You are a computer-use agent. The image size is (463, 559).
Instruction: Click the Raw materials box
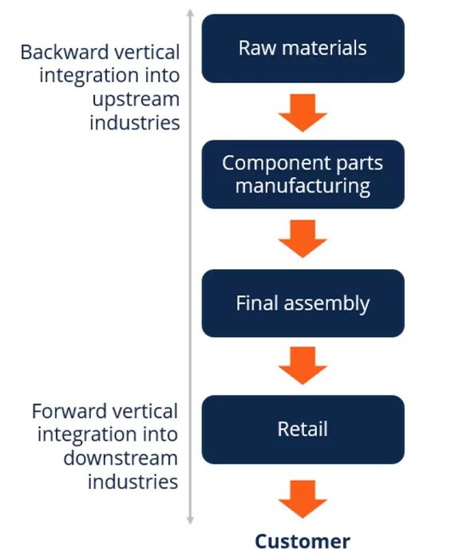303,48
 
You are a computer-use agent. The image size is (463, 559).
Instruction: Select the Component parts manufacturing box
303,175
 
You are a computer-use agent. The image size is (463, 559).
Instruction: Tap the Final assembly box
303,303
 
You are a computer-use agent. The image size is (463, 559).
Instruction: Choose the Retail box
303,430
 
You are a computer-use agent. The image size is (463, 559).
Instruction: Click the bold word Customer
303,541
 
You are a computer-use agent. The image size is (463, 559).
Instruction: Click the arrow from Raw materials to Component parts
303,111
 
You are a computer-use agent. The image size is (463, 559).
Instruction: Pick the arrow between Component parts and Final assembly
303,238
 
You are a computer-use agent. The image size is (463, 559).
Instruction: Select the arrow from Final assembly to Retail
303,366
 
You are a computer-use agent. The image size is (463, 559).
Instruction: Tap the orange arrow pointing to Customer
303,498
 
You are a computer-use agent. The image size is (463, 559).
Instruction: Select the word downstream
121,459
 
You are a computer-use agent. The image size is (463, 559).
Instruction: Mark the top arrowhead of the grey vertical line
190,13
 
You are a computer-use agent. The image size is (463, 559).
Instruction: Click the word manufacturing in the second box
303,187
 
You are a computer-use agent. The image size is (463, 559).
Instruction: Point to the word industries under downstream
133,482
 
